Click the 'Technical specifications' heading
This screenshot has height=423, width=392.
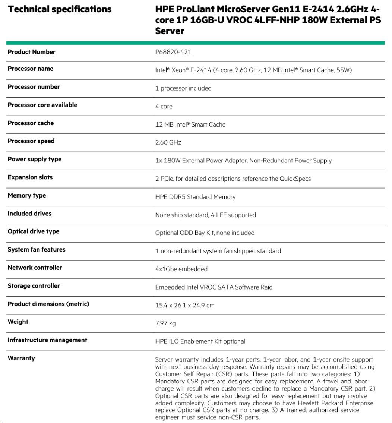pyautogui.click(x=60, y=9)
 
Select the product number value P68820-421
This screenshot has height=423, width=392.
pyautogui.click(x=173, y=52)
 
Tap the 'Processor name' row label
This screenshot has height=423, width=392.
pyautogui.click(x=31, y=69)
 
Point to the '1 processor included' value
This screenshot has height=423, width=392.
pyautogui.click(x=183, y=88)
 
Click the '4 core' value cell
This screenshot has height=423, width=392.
pyautogui.click(x=164, y=107)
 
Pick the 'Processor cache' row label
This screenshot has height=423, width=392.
pyautogui.click(x=31, y=123)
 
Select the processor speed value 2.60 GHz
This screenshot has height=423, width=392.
pyautogui.click(x=168, y=143)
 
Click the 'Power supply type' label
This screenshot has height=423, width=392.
pyautogui.click(x=35, y=159)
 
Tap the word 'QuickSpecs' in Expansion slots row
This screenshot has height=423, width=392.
pyautogui.click(x=295, y=179)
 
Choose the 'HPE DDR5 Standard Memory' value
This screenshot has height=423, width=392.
pyautogui.click(x=195, y=197)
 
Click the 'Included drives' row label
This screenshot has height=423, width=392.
pyautogui.click(x=29, y=214)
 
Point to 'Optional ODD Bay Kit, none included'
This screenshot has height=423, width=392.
pyautogui.click(x=205, y=233)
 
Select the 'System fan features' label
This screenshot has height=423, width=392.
pyautogui.click(x=37, y=250)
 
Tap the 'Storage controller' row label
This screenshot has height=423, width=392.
pyautogui.click(x=34, y=286)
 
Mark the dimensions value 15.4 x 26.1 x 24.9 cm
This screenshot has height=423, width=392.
pyautogui.click(x=185, y=306)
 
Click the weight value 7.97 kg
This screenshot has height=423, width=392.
pyautogui.click(x=165, y=323)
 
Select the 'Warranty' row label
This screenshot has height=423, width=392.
pyautogui.click(x=21, y=358)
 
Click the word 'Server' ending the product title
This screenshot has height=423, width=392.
pyautogui.click(x=170, y=31)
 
